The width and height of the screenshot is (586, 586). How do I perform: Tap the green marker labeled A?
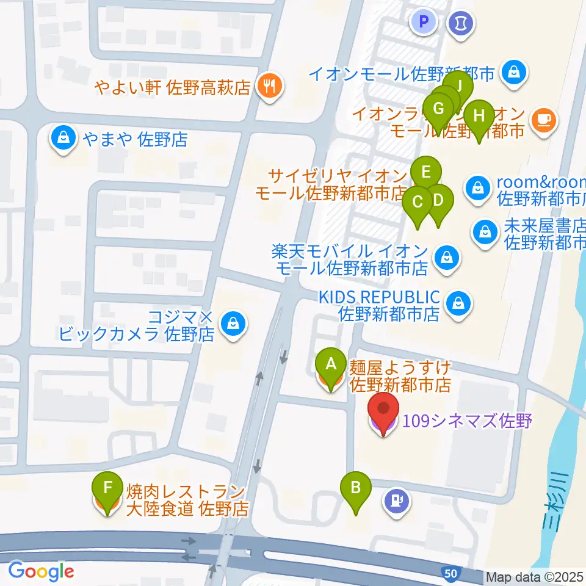click(331, 367)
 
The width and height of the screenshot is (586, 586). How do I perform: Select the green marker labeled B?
click(357, 490)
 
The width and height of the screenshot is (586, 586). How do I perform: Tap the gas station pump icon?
click(397, 502)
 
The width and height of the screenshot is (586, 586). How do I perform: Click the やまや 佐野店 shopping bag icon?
click(63, 138)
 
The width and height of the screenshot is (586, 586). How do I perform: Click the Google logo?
click(41, 571)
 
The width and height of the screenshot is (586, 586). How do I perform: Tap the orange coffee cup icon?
click(544, 118)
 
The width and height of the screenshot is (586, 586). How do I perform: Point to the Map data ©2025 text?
click(535, 577)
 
